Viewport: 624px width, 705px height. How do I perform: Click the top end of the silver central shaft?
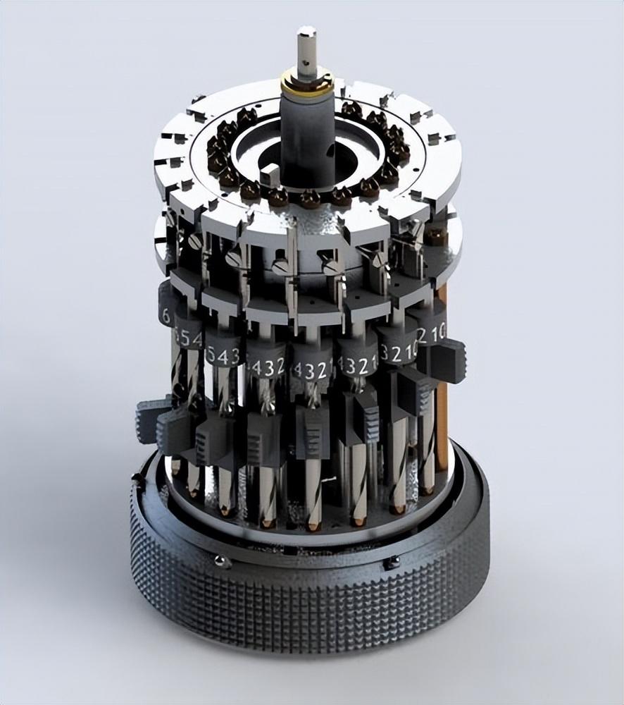coord(306,32)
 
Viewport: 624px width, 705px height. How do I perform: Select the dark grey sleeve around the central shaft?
coord(306,134)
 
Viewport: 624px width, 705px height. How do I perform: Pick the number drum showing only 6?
coord(167,314)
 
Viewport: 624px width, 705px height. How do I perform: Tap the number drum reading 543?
coord(223,355)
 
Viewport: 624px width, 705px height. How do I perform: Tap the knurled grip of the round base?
coord(310,613)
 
